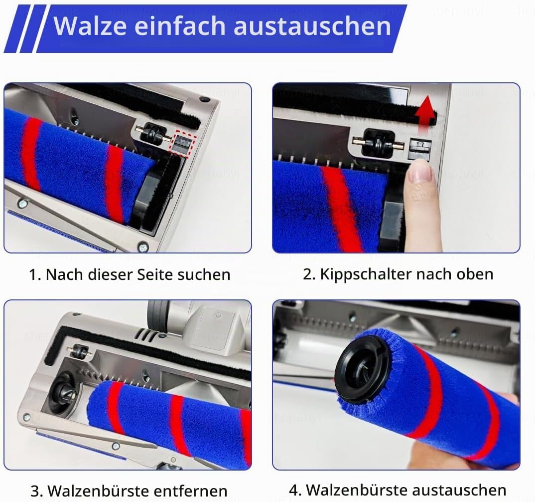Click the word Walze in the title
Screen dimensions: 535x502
[x=90, y=25]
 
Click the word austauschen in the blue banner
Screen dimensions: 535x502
[x=312, y=26]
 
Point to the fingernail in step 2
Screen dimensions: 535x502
[x=420, y=172]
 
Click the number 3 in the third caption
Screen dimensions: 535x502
[x=35, y=492]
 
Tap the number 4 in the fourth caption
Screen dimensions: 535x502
[x=294, y=491]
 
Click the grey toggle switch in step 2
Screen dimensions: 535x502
[x=419, y=149]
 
